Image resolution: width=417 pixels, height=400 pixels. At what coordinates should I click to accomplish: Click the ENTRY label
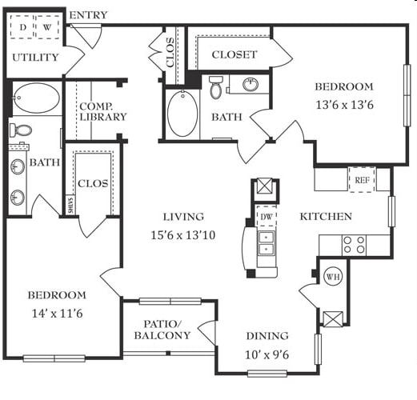[88, 15]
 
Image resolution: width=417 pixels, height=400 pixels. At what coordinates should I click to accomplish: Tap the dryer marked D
[22, 27]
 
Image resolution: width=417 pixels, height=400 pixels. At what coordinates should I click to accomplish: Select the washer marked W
[47, 27]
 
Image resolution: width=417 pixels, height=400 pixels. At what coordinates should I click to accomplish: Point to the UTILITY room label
[35, 58]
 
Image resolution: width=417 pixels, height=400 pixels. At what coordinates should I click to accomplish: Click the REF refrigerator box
[362, 179]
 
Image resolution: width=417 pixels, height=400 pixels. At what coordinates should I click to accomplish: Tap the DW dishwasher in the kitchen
[266, 216]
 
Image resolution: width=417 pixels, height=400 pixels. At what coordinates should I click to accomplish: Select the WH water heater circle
[333, 277]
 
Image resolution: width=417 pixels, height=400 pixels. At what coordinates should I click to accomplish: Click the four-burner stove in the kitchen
[354, 245]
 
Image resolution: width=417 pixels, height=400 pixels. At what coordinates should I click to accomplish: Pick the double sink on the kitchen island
[266, 242]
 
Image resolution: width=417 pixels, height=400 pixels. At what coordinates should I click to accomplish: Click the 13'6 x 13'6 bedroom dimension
[344, 105]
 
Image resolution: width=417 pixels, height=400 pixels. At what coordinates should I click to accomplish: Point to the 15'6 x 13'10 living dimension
[183, 235]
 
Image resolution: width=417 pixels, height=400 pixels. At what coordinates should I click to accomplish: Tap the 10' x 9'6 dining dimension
[267, 355]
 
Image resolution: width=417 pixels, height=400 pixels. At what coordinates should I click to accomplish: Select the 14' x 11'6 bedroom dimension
[57, 314]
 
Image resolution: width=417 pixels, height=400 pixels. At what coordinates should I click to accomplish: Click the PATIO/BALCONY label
[162, 330]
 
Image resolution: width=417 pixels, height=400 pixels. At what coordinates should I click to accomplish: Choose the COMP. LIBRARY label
[103, 112]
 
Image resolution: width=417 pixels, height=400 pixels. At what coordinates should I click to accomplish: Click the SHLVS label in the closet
[70, 205]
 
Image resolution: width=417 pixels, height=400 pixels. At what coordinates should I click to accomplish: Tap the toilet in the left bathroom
[21, 130]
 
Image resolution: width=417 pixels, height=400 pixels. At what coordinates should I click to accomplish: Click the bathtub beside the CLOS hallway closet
[182, 114]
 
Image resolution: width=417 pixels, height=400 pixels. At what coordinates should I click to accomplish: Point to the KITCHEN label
[326, 217]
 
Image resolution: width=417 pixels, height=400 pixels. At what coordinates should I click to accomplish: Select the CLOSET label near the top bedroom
[235, 54]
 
